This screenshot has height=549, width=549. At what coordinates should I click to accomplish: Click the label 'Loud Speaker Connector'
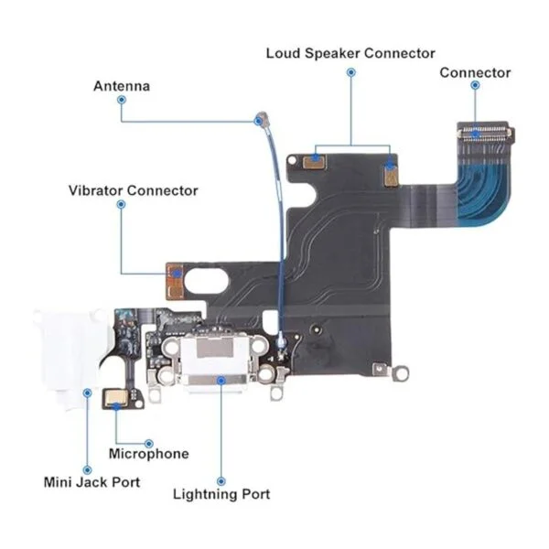[x=350, y=53]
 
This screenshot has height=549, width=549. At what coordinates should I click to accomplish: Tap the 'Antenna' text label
[x=122, y=86]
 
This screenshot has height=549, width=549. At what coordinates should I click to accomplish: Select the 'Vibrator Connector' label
[x=133, y=190]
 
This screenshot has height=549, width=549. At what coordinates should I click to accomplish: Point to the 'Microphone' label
[x=148, y=454]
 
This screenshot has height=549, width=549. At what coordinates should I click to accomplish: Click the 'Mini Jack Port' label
[x=92, y=481]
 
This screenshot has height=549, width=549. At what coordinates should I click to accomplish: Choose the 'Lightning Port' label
[x=221, y=494]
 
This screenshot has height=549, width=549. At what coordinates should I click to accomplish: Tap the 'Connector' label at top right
[x=475, y=72]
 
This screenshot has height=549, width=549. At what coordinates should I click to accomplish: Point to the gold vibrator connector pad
[x=175, y=273]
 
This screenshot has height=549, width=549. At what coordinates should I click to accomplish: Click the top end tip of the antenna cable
[x=261, y=118]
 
